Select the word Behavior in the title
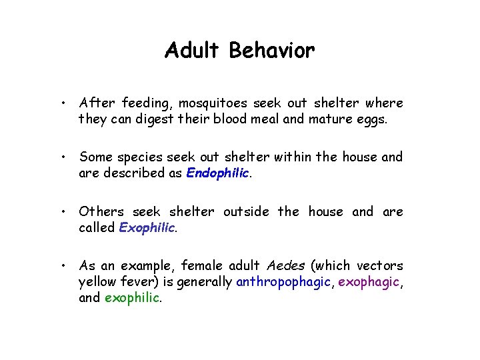click(x=272, y=51)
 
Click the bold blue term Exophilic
click(x=147, y=227)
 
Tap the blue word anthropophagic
click(x=283, y=282)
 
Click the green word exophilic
click(x=132, y=298)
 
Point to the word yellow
click(x=97, y=282)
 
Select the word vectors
click(x=379, y=265)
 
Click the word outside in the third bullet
click(x=247, y=211)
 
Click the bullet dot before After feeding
click(x=61, y=104)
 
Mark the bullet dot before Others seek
click(x=61, y=212)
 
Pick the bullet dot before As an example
click(x=61, y=266)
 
